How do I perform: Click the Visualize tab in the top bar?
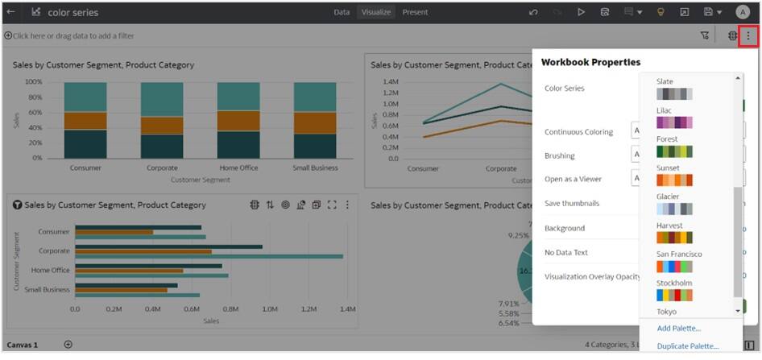pyautogui.click(x=375, y=12)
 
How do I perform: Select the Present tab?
pyautogui.click(x=415, y=12)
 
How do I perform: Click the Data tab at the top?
pyautogui.click(x=342, y=12)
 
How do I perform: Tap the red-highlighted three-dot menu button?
pyautogui.click(x=748, y=35)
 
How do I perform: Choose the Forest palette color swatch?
pyautogui.click(x=674, y=151)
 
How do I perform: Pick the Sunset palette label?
pyautogui.click(x=667, y=168)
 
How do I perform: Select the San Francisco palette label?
pyautogui.click(x=679, y=254)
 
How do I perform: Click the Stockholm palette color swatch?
pyautogui.click(x=674, y=296)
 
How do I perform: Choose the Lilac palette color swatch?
pyautogui.click(x=674, y=122)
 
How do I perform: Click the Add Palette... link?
pyautogui.click(x=678, y=329)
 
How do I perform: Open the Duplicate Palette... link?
pyautogui.click(x=687, y=346)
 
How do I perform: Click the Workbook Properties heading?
pyautogui.click(x=590, y=62)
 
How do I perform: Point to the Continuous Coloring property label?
pyautogui.click(x=578, y=132)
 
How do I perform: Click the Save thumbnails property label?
pyautogui.click(x=571, y=204)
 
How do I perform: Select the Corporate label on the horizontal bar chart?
pyautogui.click(x=54, y=250)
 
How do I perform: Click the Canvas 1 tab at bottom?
pyautogui.click(x=23, y=345)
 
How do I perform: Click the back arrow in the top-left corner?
pyautogui.click(x=10, y=12)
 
